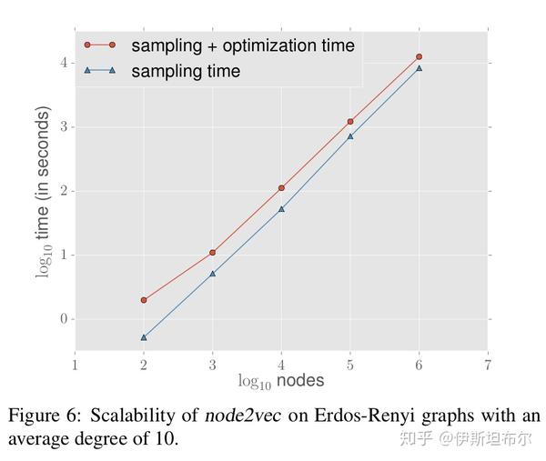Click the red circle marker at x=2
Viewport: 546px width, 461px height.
pyautogui.click(x=143, y=300)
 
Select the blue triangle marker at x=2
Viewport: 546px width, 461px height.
pyautogui.click(x=143, y=337)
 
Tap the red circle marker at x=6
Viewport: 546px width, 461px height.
pyautogui.click(x=419, y=56)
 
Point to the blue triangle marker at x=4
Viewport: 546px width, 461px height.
pyautogui.click(x=281, y=209)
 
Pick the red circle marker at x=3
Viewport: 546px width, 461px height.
pyautogui.click(x=212, y=252)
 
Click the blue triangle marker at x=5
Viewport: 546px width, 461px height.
pyautogui.click(x=350, y=136)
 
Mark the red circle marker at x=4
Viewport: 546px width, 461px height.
pyautogui.click(x=281, y=188)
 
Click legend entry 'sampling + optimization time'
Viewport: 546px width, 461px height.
pyautogui.click(x=242, y=45)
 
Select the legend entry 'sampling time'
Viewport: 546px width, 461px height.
pyautogui.click(x=186, y=71)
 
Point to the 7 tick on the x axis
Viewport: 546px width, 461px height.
pyautogui.click(x=488, y=365)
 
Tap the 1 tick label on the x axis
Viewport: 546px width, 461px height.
pyautogui.click(x=75, y=365)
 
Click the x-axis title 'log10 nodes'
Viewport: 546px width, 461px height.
pyautogui.click(x=281, y=380)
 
